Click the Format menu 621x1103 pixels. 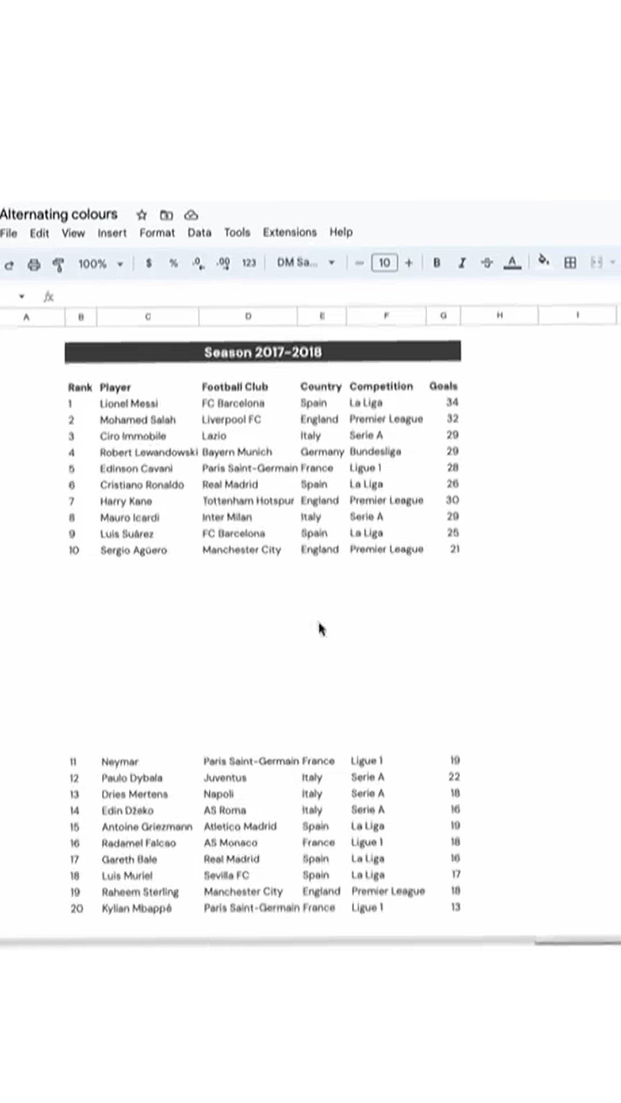click(x=157, y=233)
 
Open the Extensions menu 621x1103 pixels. click(x=290, y=232)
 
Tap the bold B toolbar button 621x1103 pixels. click(x=437, y=263)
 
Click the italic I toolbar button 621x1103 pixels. click(x=462, y=263)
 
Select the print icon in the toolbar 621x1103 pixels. click(x=34, y=264)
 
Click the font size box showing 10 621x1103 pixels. click(x=384, y=263)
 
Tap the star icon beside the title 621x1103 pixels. click(x=142, y=215)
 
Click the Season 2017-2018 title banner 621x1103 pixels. click(x=263, y=352)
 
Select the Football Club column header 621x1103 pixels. click(x=235, y=387)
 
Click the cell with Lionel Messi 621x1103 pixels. click(x=129, y=403)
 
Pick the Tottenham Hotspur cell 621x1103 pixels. click(x=248, y=501)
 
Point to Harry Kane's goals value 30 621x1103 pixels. click(x=452, y=500)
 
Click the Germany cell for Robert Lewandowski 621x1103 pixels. click(x=322, y=452)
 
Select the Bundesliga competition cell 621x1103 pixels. click(x=375, y=452)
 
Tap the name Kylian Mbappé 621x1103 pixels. click(x=136, y=908)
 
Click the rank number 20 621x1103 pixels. click(x=76, y=908)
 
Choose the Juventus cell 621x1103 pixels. click(x=225, y=778)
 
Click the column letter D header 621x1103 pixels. click(x=248, y=316)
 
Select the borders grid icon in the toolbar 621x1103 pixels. click(x=570, y=263)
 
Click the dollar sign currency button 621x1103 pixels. click(x=149, y=263)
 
